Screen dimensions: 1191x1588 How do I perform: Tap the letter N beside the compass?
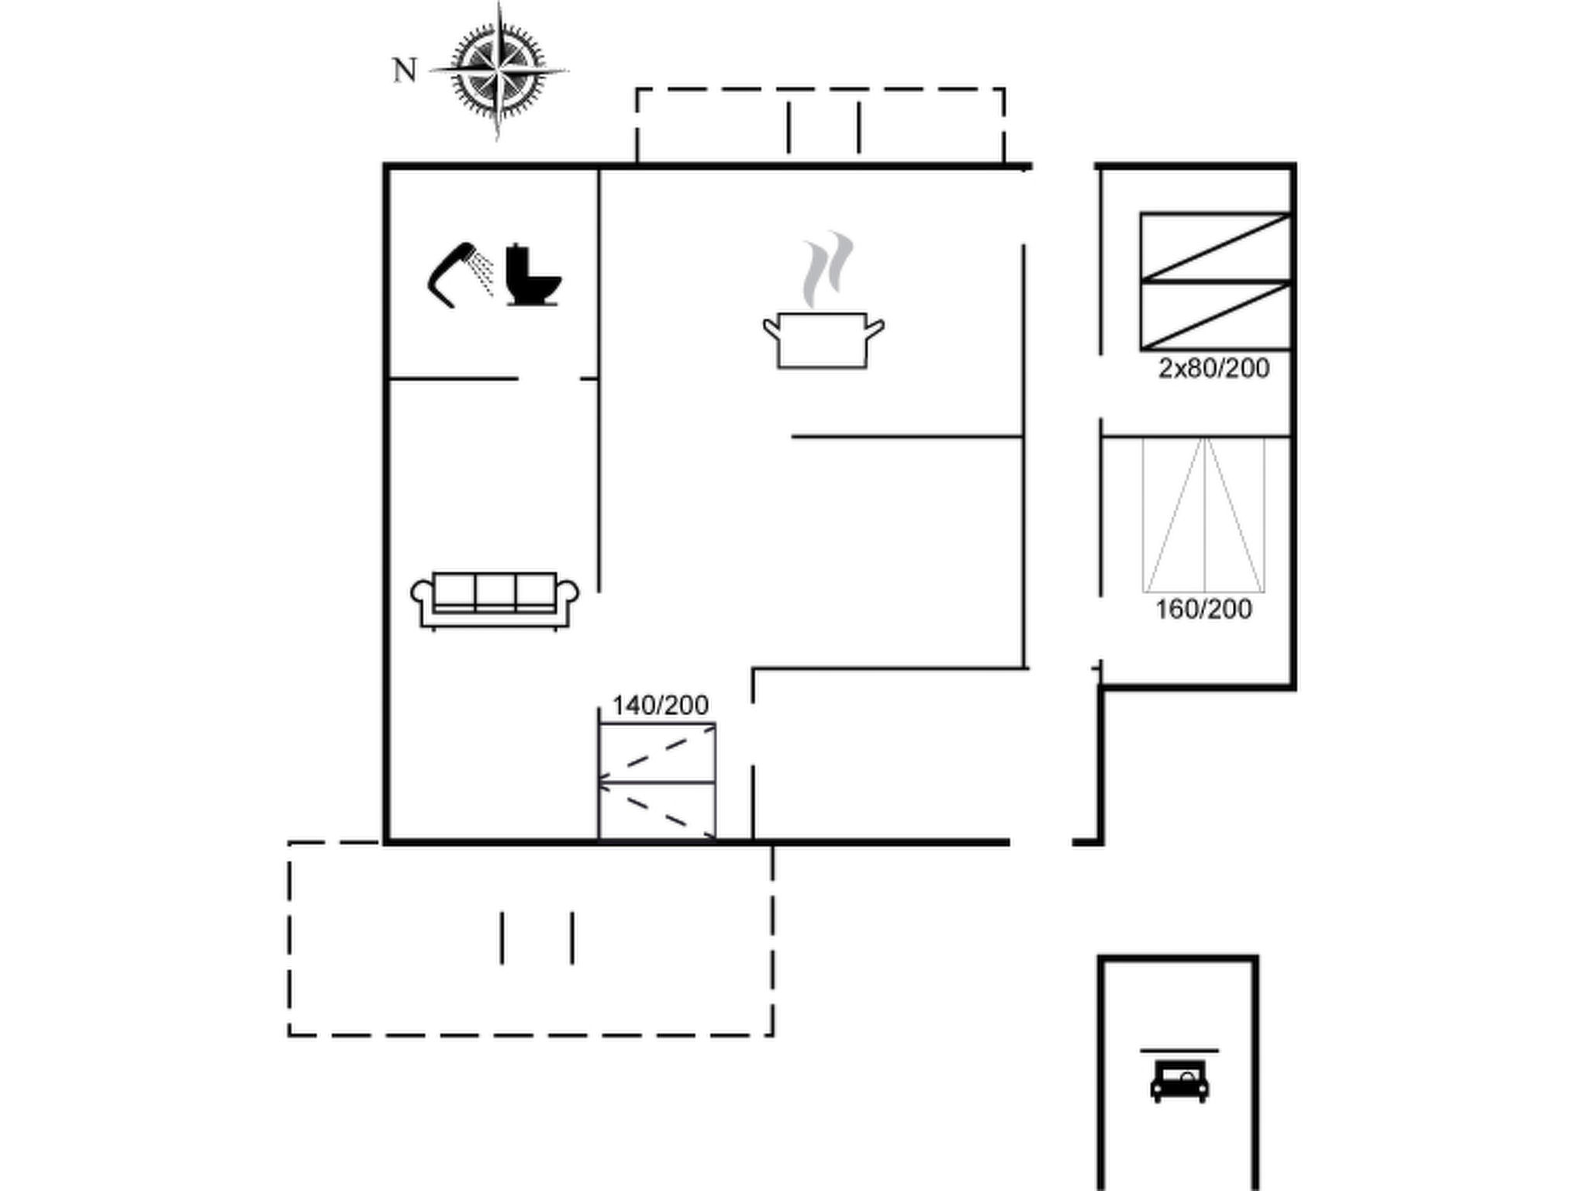point(405,71)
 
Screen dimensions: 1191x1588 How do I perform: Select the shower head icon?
point(454,274)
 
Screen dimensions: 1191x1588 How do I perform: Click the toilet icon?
point(533,276)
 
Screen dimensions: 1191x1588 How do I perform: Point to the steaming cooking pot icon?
point(823,340)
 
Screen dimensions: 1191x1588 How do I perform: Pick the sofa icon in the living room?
point(494,600)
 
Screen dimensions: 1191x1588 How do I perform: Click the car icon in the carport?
point(1179,1081)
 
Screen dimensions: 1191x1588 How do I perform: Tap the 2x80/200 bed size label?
point(1213,368)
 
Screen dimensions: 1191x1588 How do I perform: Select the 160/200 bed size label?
point(1203,609)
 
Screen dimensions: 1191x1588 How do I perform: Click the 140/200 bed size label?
point(660,706)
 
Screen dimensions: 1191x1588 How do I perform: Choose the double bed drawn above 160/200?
point(1203,515)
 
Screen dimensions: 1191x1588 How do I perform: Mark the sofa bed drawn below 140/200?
point(657,782)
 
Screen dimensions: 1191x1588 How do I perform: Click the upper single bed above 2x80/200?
point(1215,247)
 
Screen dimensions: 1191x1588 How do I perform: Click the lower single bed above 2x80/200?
point(1215,316)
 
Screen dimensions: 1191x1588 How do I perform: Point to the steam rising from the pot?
point(827,268)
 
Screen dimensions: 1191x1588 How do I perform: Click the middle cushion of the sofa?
point(495,592)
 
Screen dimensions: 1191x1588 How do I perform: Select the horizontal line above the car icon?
point(1179,1051)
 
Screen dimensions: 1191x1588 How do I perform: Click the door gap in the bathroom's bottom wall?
point(549,378)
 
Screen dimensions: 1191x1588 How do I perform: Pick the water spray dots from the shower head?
point(485,274)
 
